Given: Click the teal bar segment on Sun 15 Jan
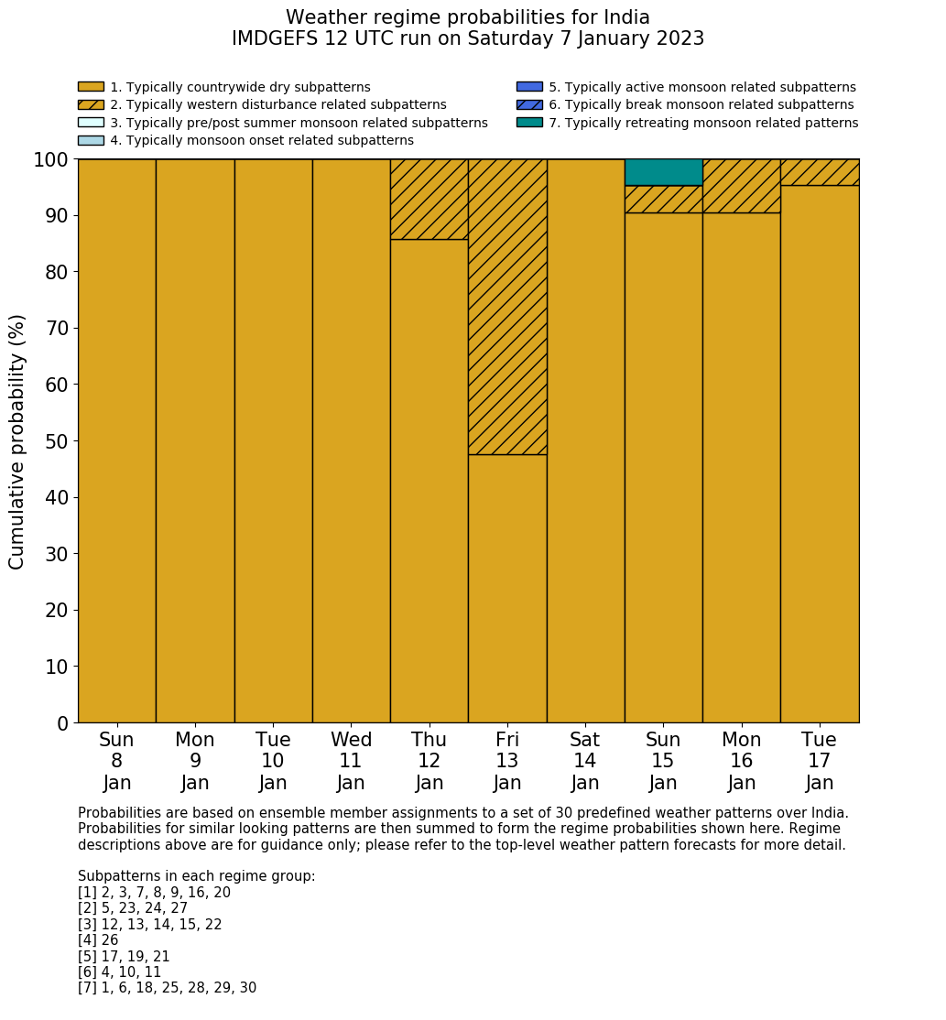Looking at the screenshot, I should (663, 172).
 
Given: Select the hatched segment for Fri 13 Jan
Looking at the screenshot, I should (507, 306).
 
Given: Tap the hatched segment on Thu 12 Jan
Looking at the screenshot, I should (429, 199).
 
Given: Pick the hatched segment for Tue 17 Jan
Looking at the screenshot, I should (820, 172).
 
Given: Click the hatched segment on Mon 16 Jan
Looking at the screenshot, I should (741, 186).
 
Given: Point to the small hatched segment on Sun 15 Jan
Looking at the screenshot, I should (663, 199).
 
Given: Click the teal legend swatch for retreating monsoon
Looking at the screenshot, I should (529, 123).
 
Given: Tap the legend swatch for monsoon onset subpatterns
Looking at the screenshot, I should (91, 140).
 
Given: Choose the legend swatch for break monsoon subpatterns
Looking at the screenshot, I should (529, 104).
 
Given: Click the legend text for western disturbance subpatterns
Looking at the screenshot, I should (278, 105).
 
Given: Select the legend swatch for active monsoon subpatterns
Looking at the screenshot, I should (529, 87).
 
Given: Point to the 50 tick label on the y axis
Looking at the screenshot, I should (57, 441).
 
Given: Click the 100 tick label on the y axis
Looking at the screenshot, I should (51, 160).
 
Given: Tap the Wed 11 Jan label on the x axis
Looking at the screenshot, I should (351, 761).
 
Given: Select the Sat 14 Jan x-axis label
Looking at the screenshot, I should (585, 761).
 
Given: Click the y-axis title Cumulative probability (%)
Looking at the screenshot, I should (17, 441).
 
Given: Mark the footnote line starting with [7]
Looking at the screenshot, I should (167, 988).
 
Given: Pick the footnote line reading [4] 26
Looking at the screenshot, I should (98, 940).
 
